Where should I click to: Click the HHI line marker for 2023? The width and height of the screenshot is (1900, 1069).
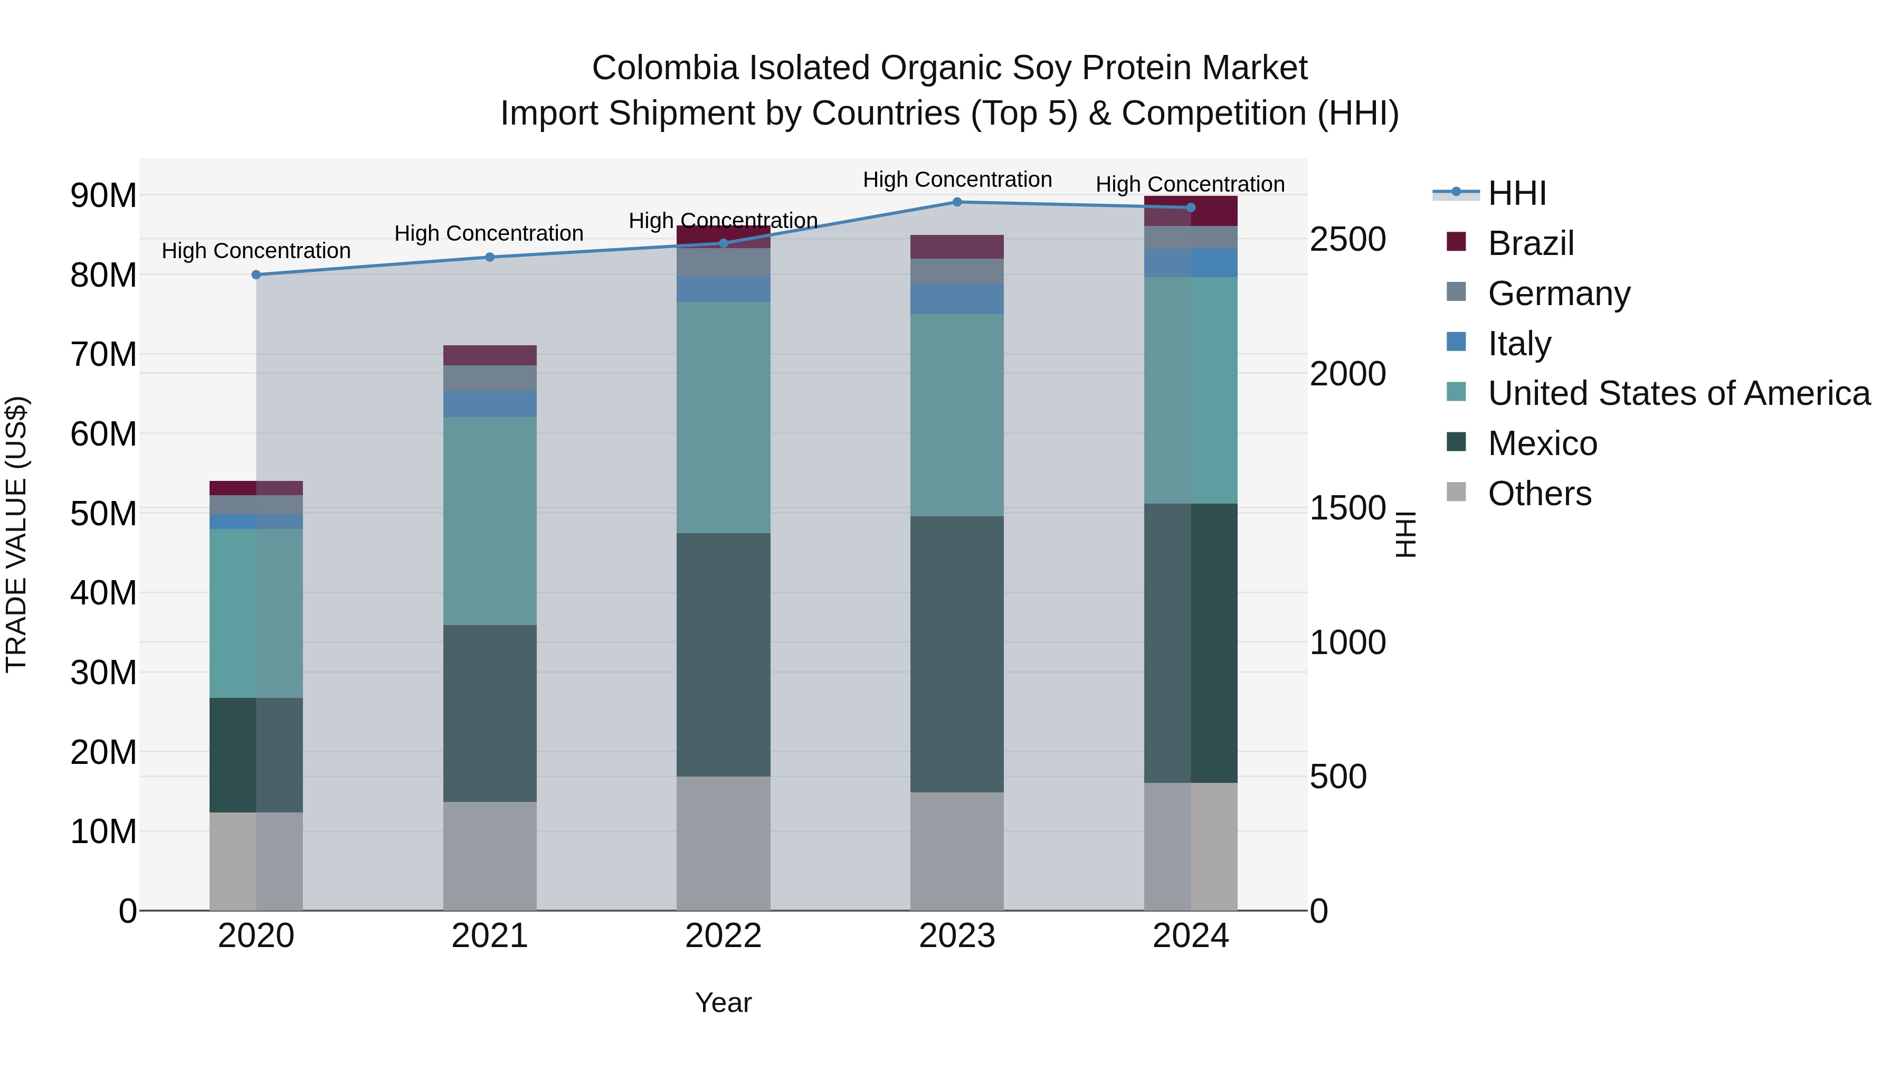pyautogui.click(x=957, y=202)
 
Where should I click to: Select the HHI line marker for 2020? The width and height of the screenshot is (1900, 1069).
pyautogui.click(x=256, y=275)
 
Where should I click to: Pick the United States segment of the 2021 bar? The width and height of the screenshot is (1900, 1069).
pyautogui.click(x=490, y=521)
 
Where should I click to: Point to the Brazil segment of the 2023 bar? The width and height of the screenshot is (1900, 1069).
pyautogui.click(x=957, y=247)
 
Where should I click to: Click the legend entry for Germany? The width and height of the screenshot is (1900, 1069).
pyautogui.click(x=1559, y=294)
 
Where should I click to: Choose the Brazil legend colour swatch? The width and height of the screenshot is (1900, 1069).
pyautogui.click(x=1456, y=241)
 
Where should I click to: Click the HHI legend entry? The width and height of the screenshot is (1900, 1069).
pyautogui.click(x=1516, y=193)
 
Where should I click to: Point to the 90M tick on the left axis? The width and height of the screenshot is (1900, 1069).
pyautogui.click(x=103, y=195)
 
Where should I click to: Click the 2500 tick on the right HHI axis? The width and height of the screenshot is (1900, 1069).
pyautogui.click(x=1347, y=240)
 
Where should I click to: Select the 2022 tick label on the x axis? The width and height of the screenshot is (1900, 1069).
pyautogui.click(x=723, y=936)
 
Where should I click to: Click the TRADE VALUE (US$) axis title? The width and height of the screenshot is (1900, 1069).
pyautogui.click(x=16, y=534)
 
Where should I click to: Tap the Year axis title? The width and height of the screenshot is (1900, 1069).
pyautogui.click(x=723, y=1002)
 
